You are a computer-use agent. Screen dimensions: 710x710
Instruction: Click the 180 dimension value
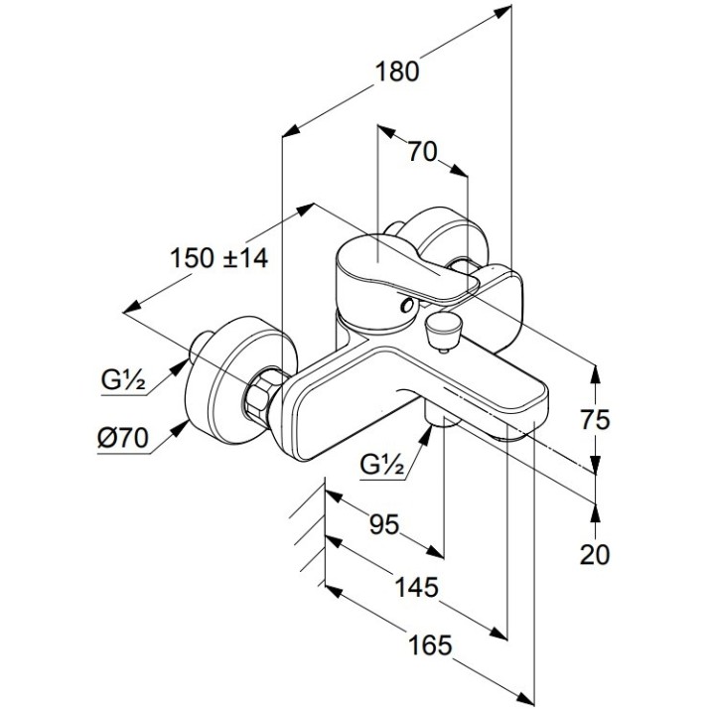point(397,72)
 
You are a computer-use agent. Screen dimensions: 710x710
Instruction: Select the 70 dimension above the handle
point(422,152)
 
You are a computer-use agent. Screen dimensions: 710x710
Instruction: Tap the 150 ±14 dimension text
point(219,258)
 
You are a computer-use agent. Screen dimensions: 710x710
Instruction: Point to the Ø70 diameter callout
point(123,438)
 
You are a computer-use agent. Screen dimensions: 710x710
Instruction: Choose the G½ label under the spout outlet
point(381,464)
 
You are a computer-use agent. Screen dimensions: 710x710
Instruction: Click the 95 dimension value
point(384,524)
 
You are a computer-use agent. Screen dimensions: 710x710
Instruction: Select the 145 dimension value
point(417,587)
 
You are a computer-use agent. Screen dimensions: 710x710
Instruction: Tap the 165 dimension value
point(430,644)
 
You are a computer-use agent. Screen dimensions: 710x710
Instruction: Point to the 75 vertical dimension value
point(595,420)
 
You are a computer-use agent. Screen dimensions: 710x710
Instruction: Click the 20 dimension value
point(595,555)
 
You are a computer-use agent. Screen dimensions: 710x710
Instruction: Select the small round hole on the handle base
point(407,306)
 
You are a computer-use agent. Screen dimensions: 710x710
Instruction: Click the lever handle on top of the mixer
point(407,267)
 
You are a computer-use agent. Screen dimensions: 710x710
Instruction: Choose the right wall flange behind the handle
point(451,237)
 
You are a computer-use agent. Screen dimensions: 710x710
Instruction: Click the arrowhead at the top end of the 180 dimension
point(503,12)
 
